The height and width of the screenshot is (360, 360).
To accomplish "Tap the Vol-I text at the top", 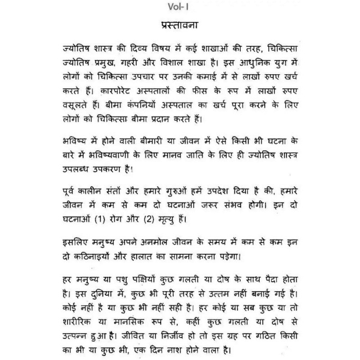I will coord(180,6).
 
